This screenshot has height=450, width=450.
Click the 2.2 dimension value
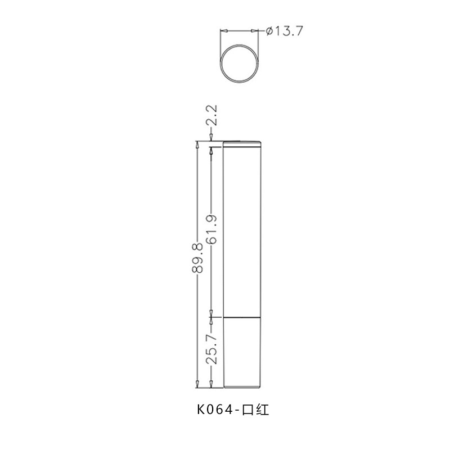(x=211, y=116)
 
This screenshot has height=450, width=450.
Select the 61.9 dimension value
(x=211, y=231)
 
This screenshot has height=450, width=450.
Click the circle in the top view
(x=240, y=64)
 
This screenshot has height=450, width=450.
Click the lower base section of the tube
(x=242, y=352)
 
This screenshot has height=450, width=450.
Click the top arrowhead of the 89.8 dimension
(x=197, y=143)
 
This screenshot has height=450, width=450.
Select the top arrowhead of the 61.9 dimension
(x=211, y=150)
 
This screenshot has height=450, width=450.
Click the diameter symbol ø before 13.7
(x=267, y=31)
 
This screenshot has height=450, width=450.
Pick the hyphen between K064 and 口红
(x=237, y=411)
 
